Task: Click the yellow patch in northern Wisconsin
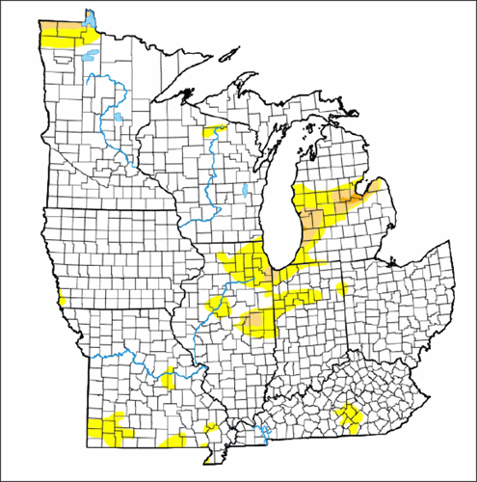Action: [x=216, y=128]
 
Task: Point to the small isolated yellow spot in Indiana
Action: [x=343, y=288]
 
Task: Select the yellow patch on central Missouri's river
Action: [x=168, y=377]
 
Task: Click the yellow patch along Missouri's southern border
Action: [x=173, y=442]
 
